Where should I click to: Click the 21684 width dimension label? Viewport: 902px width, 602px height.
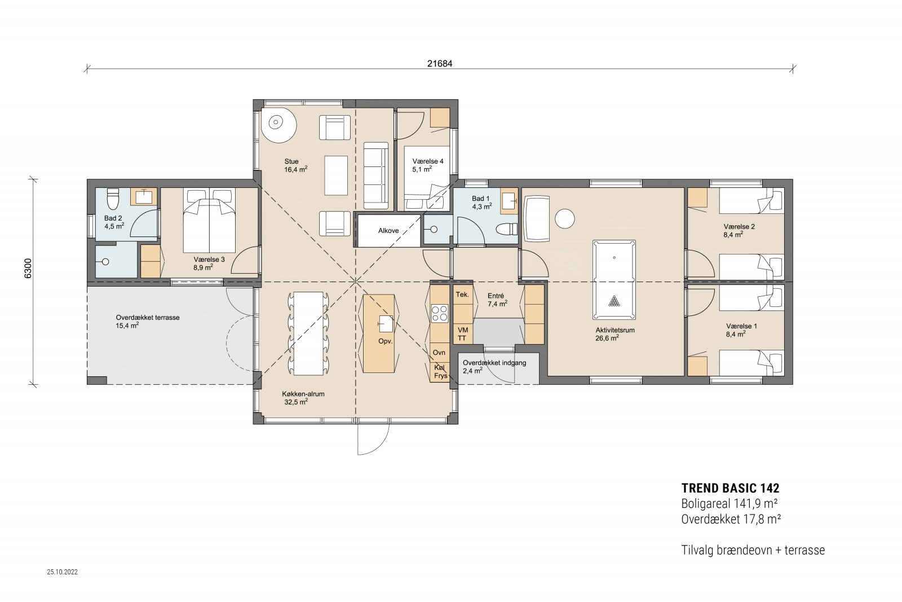point(439,64)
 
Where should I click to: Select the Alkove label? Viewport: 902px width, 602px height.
point(388,231)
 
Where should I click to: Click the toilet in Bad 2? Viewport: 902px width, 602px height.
point(113,198)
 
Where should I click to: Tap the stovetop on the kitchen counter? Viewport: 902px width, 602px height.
point(439,313)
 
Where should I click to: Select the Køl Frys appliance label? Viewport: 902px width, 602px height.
point(440,371)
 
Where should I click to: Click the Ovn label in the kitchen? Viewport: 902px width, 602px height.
point(439,353)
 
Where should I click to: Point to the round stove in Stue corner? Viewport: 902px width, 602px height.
point(278,125)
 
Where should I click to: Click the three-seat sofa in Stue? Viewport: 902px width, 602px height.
point(375,175)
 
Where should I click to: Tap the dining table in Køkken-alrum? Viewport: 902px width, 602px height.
point(308,333)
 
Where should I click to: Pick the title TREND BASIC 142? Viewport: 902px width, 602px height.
point(730,488)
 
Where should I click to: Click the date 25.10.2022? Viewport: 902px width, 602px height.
point(62,572)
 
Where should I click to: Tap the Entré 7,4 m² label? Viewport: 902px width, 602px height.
point(497,300)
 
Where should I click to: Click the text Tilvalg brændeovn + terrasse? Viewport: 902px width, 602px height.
point(753,550)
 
